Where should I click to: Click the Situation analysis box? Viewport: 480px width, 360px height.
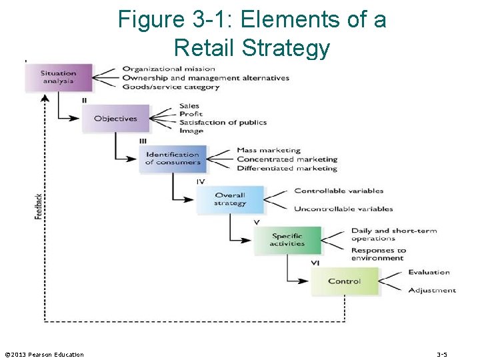[59, 78]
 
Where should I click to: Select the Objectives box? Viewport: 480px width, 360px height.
[115, 119]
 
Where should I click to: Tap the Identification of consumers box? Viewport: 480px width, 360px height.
[173, 159]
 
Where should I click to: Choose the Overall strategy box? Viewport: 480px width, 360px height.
[230, 199]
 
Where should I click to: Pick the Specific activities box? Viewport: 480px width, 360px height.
[287, 240]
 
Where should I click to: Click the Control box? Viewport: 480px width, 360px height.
[344, 281]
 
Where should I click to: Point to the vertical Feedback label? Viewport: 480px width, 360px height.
[39, 206]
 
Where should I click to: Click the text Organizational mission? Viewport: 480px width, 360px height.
[169, 69]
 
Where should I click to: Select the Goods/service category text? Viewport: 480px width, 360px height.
[171, 87]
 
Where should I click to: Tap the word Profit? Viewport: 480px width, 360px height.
[191, 114]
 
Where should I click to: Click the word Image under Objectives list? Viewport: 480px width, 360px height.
[191, 131]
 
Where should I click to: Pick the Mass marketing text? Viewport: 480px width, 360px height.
[269, 150]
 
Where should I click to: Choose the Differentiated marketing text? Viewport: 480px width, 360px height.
[287, 169]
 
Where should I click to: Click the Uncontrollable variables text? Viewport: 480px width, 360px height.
[343, 209]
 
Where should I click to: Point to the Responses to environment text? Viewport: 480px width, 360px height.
[379, 254]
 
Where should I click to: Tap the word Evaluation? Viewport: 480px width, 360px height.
[429, 272]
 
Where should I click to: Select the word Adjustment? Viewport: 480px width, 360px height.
[432, 290]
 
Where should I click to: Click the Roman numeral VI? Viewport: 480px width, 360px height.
[315, 263]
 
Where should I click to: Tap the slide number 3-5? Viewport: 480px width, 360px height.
[442, 355]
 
